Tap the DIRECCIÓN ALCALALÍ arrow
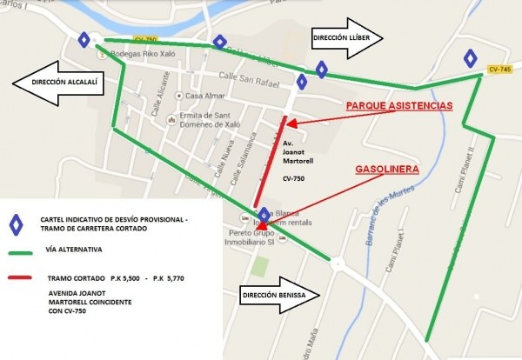tap(65, 82)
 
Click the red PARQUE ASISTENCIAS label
tap(399, 105)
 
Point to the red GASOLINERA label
tap(387, 169)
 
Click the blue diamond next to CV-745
tap(470, 59)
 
